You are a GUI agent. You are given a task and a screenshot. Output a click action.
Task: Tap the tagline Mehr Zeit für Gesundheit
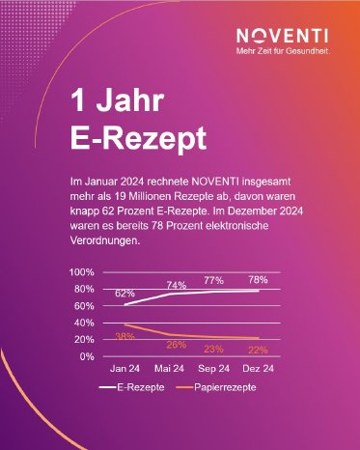pyautogui.click(x=289, y=50)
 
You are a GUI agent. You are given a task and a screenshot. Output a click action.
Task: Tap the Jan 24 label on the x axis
pyautogui.click(x=125, y=370)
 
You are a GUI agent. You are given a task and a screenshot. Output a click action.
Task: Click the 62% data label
pyautogui.click(x=125, y=292)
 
